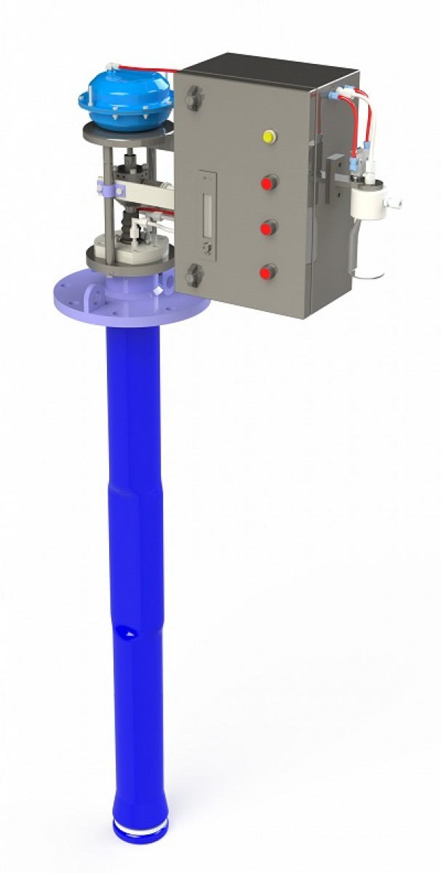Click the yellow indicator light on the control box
pos(269,136)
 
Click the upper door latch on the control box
pos(194,98)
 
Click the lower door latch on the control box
pos(194,276)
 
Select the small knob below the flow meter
pos(207,250)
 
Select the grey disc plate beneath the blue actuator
pos(127,134)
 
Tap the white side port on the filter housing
pos(395,198)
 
